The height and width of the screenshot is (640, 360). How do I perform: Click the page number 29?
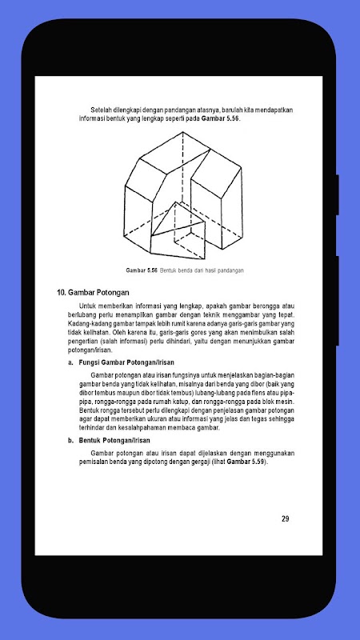coord(286,518)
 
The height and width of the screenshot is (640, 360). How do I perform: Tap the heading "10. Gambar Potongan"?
coord(93,292)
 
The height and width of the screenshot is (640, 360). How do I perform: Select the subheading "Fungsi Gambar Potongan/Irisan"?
coord(126,362)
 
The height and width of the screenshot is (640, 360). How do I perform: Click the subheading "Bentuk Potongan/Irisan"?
coord(114,441)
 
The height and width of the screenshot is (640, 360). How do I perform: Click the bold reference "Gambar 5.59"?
coord(246,462)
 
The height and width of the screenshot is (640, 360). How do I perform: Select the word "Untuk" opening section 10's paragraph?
coord(87,306)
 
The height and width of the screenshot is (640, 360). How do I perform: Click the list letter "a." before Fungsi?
coord(70,363)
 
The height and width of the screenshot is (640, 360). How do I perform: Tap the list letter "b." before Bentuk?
coord(70,441)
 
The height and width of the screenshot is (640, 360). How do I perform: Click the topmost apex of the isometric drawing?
coord(183,132)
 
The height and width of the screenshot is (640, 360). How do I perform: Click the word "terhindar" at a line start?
coord(91,428)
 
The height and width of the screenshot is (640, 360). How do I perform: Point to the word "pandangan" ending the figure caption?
coord(230,271)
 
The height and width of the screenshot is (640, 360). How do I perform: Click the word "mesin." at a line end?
coord(286,402)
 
